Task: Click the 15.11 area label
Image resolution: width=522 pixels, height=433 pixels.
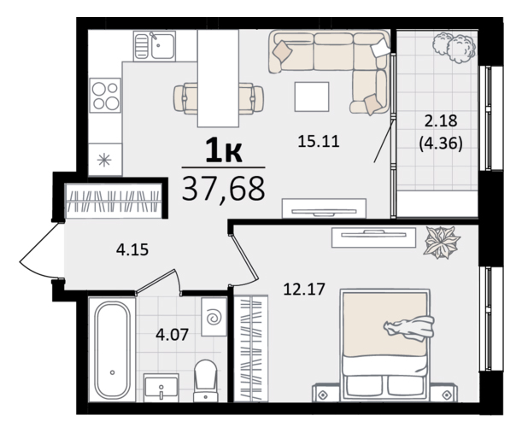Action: [319, 142]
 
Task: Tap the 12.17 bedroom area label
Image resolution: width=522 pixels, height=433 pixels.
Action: [303, 289]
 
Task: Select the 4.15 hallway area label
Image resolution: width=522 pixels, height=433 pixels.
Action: [132, 249]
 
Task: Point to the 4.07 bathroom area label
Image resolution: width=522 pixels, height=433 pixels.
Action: [172, 334]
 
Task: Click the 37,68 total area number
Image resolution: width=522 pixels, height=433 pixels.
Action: [223, 189]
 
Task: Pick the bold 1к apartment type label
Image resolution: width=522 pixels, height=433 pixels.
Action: [223, 151]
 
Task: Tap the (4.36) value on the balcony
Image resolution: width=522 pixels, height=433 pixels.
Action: [441, 143]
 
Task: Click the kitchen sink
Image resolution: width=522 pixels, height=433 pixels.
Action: [155, 46]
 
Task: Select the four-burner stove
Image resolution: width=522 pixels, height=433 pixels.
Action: [104, 96]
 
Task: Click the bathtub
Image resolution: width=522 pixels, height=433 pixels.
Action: [112, 349]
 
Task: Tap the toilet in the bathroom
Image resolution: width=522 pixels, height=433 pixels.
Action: [205, 380]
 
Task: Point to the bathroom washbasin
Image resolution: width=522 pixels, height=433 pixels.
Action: [161, 387]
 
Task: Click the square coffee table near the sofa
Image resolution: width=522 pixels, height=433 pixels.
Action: [312, 97]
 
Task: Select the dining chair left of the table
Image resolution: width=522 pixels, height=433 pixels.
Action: [185, 98]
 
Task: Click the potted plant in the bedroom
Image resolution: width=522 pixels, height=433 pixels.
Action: [441, 242]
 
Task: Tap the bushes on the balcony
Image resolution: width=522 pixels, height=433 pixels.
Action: [454, 46]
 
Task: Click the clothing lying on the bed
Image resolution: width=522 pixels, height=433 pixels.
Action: [410, 328]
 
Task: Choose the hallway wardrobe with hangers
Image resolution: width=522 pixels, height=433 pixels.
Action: [113, 201]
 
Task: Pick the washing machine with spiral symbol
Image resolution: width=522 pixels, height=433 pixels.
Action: [214, 317]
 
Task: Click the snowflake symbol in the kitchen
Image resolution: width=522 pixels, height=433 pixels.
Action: [104, 160]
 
